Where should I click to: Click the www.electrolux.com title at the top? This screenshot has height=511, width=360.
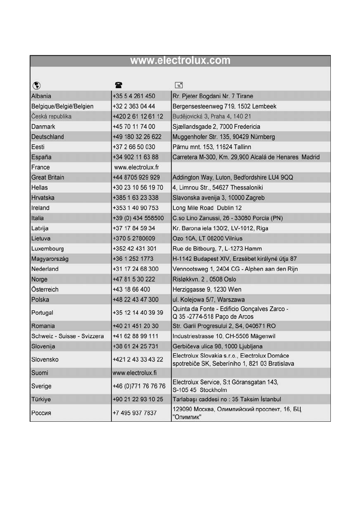point(180,60)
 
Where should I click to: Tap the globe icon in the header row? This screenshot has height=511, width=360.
point(35,85)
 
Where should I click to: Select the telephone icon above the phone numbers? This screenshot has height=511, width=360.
point(117,85)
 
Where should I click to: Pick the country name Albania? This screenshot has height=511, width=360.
point(41,96)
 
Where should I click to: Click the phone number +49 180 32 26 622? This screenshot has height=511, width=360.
point(137,137)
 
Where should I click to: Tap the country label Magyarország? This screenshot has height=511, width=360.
point(50,259)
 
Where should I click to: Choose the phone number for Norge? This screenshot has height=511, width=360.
point(134,279)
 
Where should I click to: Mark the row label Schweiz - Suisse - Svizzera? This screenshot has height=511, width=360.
point(67,336)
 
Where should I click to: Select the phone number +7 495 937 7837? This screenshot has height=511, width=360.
point(134,413)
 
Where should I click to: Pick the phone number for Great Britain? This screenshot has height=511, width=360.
point(136,178)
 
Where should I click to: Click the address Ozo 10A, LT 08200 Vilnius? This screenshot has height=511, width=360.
point(207,238)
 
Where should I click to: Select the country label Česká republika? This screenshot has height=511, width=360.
point(51,116)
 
